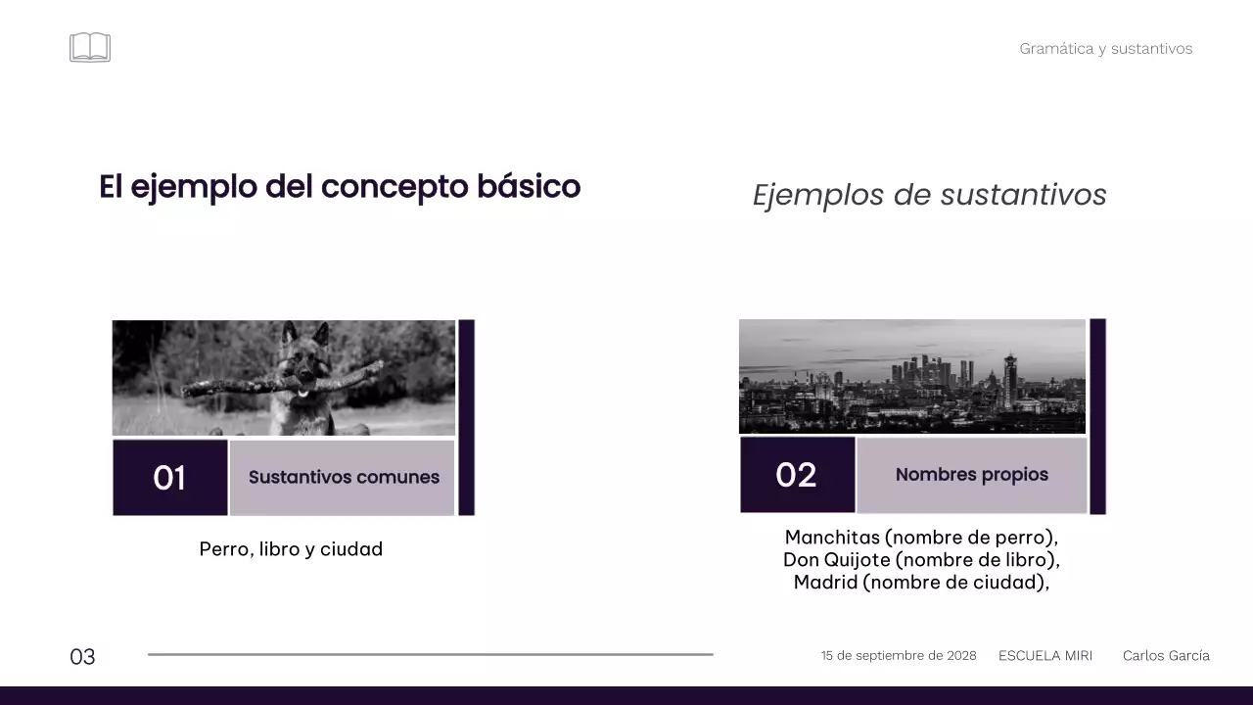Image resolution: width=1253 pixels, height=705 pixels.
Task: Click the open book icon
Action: (x=90, y=47)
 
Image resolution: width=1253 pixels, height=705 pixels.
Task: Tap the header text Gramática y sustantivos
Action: (x=1105, y=49)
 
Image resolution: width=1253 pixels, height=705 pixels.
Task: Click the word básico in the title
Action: (x=529, y=186)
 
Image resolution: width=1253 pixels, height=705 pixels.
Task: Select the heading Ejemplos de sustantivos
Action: (x=929, y=195)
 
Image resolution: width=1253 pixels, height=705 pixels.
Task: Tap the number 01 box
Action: (x=170, y=478)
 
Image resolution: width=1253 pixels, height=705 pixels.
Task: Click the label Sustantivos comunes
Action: (x=344, y=478)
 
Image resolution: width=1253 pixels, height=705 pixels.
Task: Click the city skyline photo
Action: (x=911, y=377)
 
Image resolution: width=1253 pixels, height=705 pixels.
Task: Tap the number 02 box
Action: (x=796, y=475)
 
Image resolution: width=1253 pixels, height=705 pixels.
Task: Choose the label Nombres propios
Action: (x=971, y=475)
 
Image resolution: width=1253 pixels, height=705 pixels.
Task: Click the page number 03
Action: (x=82, y=657)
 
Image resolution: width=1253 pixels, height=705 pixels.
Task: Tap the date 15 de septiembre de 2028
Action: (x=898, y=656)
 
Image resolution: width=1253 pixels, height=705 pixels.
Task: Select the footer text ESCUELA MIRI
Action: (x=1044, y=656)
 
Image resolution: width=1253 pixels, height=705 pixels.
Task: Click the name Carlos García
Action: (x=1165, y=656)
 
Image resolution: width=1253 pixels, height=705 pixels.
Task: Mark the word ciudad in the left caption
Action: (x=351, y=549)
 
